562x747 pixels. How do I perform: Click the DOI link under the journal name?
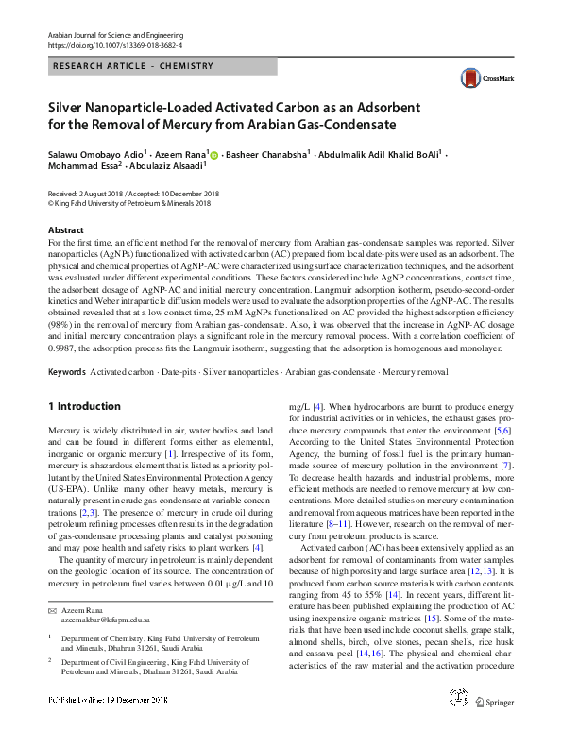pyautogui.click(x=114, y=44)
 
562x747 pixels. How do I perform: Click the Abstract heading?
pyautogui.click(x=70, y=230)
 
